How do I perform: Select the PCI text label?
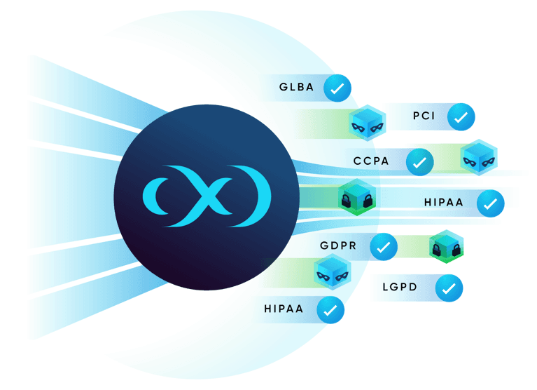click(424, 116)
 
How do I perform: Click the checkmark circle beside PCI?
click(461, 117)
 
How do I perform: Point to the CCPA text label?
click(371, 161)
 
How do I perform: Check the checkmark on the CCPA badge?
click(419, 162)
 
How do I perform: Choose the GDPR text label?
click(339, 246)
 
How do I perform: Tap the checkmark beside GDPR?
click(383, 247)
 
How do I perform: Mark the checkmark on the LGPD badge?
click(449, 288)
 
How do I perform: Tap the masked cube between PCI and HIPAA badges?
click(480, 158)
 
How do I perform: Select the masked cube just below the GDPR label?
click(332, 272)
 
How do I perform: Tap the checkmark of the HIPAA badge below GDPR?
click(330, 309)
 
